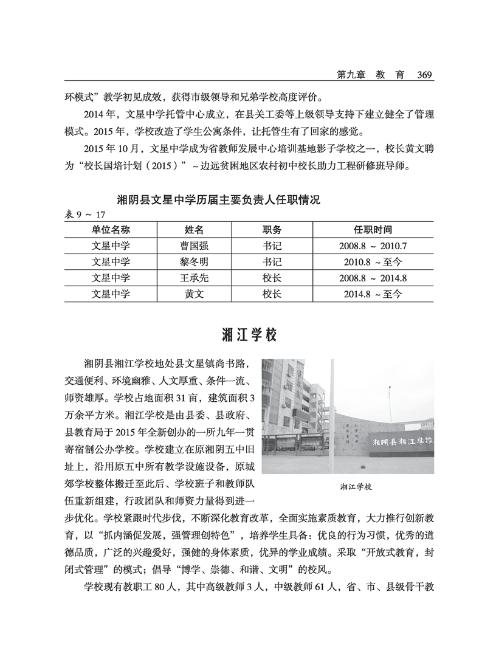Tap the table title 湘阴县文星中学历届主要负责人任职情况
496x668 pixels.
point(218,200)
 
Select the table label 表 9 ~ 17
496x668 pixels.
point(85,214)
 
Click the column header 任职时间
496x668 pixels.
point(373,230)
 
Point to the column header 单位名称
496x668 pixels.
point(111,230)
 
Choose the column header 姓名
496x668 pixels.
point(194,230)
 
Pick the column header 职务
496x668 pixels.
point(272,230)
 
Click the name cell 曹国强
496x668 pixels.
point(194,246)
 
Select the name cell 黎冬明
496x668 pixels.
point(194,262)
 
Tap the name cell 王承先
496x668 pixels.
point(194,278)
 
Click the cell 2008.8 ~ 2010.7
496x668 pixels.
point(373,246)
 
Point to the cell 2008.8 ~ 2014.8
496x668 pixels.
point(373,278)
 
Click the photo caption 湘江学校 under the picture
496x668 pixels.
point(356,487)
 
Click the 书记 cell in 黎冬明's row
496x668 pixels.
point(272,262)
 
